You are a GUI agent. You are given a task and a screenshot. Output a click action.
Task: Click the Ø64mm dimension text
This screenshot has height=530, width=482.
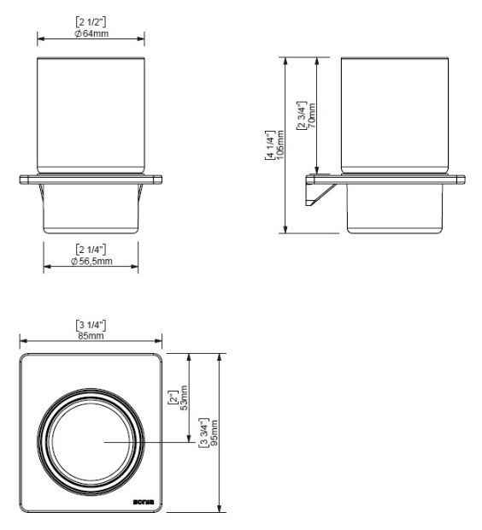pos(91,34)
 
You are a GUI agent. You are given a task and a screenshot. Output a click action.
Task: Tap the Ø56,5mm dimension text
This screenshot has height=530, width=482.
pos(91,260)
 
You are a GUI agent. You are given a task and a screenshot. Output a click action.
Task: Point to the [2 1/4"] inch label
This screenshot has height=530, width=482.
pos(91,249)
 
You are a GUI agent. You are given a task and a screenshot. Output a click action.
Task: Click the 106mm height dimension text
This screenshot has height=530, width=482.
pos(280,147)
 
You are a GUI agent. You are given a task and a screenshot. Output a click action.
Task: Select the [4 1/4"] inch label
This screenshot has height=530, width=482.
pos(270,147)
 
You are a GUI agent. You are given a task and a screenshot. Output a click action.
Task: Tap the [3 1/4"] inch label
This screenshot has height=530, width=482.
pos(90,323)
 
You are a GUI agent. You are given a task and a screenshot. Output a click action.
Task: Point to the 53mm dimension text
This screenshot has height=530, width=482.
pos(185,397)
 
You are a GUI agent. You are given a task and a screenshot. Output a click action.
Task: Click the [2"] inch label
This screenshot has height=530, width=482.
pos(174,397)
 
